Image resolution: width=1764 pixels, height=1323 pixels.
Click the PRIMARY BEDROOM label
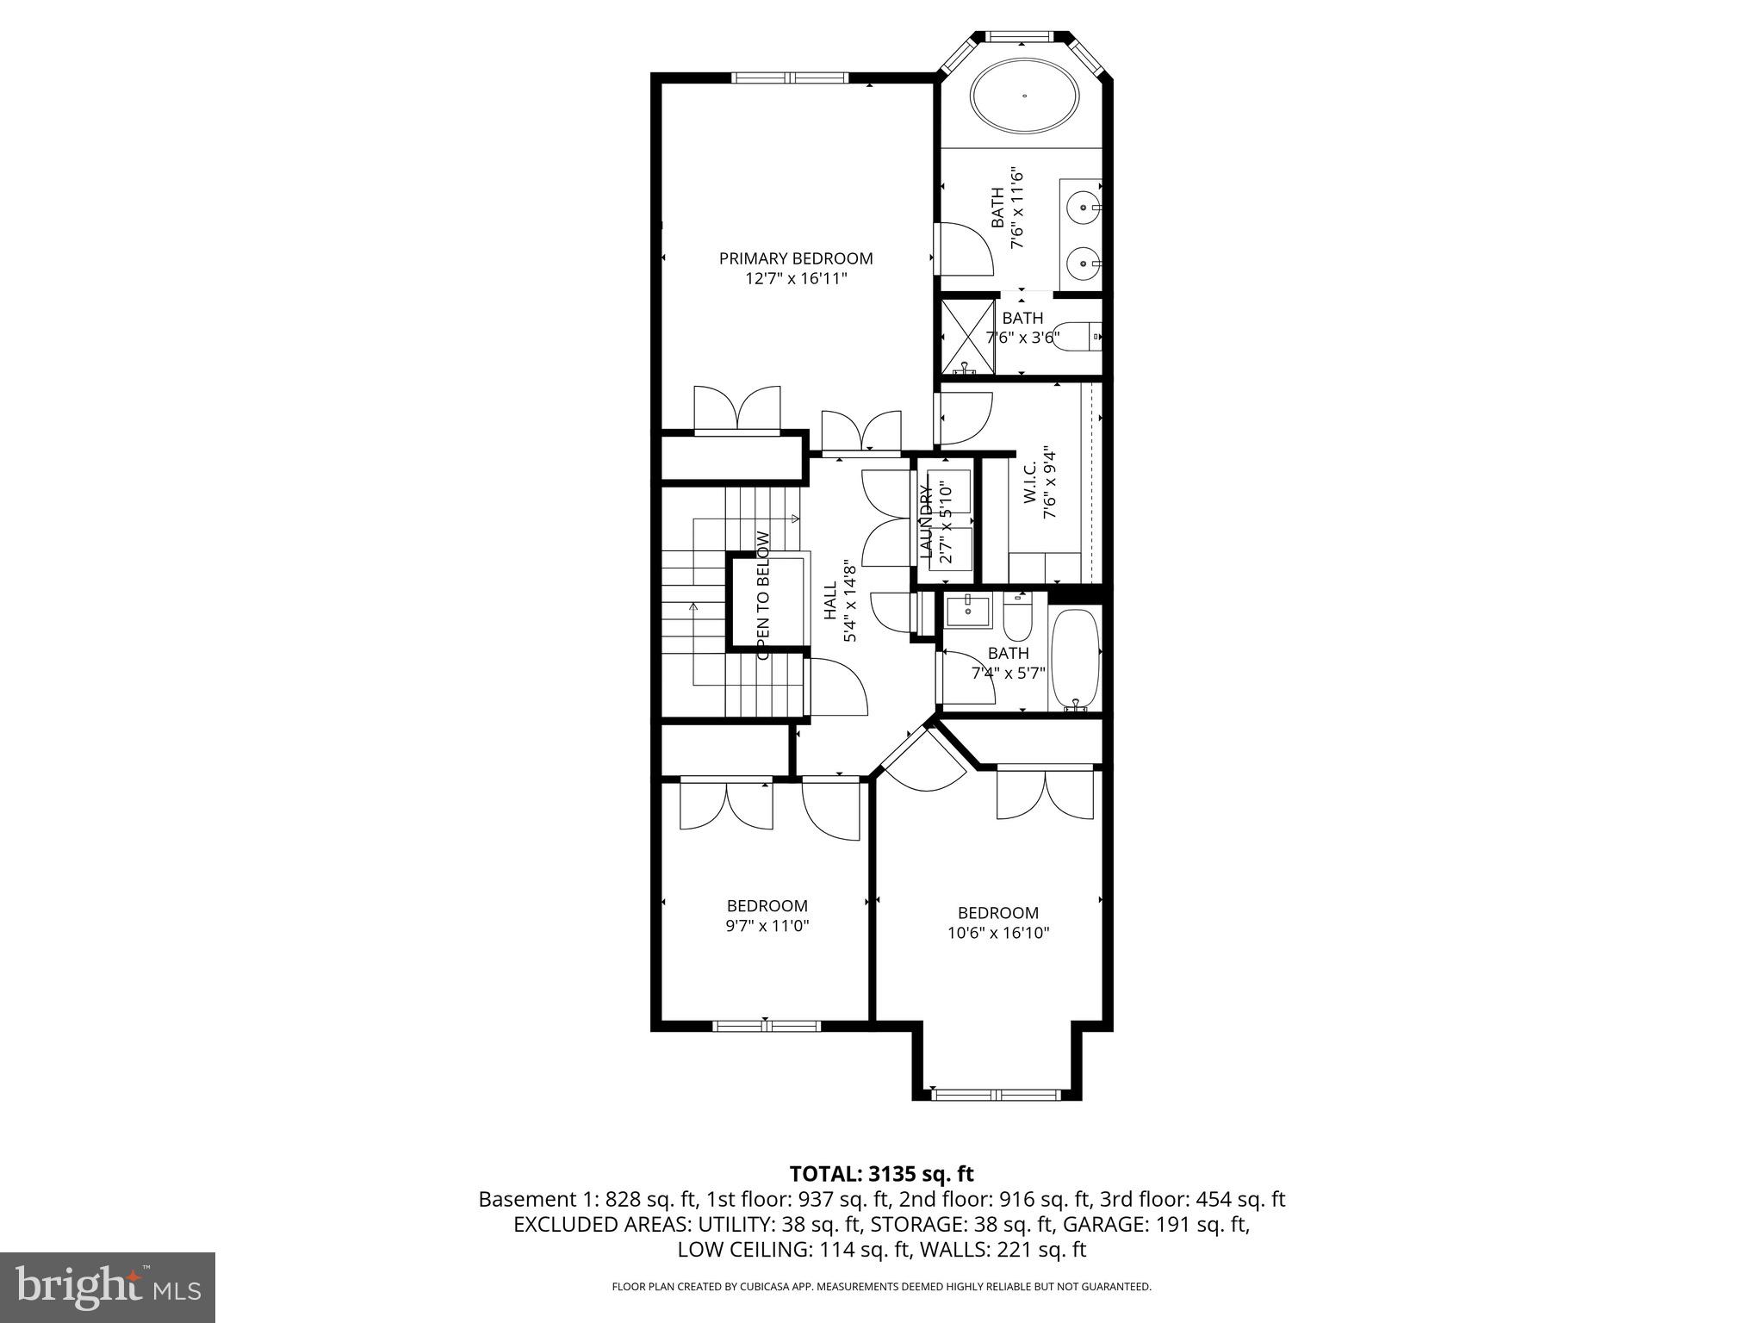tap(795, 258)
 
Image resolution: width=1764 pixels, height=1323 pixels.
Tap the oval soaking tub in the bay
tap(1025, 96)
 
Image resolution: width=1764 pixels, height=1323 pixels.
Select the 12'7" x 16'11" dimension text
tap(795, 279)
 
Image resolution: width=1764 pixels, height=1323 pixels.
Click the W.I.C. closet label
tap(1030, 483)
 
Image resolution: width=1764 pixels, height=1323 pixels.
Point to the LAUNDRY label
tap(927, 523)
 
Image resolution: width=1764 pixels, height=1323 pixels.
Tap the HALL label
tap(830, 601)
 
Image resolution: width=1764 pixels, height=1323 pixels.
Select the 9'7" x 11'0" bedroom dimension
tap(767, 926)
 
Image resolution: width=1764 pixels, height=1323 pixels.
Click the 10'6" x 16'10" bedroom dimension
tap(997, 933)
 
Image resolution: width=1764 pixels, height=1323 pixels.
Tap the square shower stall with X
tap(966, 336)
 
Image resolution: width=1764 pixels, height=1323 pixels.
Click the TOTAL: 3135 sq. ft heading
tap(881, 1174)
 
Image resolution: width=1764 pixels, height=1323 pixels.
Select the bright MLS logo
tap(107, 1287)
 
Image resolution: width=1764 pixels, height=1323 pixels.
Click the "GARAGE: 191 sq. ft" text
tap(1156, 1224)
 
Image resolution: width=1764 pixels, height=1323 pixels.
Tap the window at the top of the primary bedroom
tap(790, 78)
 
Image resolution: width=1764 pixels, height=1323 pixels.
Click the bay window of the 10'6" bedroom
tap(997, 1095)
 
